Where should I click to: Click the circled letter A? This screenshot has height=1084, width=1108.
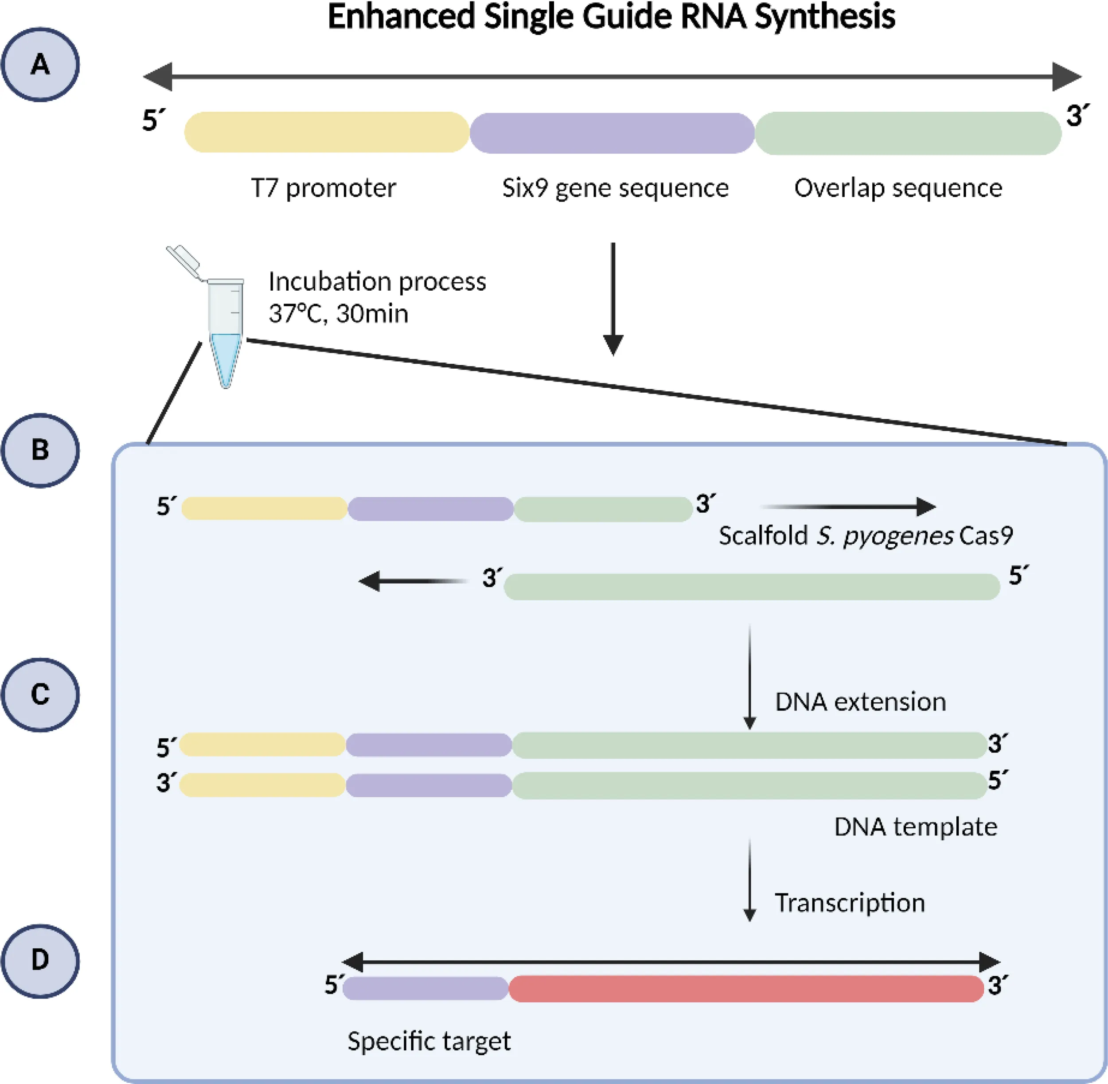(40, 64)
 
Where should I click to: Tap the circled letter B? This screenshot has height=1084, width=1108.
(40, 450)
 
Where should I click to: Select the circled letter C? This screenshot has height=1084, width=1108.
(40, 694)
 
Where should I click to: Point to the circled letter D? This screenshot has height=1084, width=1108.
(40, 960)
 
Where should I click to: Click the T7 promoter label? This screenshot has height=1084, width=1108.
(324, 188)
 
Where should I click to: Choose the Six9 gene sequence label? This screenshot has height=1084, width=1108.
(615, 188)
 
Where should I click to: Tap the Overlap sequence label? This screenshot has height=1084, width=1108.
(898, 188)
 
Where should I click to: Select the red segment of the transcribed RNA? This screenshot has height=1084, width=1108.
(746, 989)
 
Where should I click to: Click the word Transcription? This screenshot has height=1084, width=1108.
(850, 903)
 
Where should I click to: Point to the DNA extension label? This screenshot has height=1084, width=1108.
(860, 702)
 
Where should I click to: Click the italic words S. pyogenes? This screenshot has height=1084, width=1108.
(885, 536)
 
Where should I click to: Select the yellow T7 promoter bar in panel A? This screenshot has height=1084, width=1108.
(326, 132)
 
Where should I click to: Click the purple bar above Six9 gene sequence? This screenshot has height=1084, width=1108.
(612, 133)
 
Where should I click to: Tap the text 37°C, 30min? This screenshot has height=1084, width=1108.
(339, 314)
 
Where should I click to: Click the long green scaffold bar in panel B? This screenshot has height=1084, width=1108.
(752, 587)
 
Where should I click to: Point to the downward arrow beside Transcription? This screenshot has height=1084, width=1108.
(750, 880)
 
